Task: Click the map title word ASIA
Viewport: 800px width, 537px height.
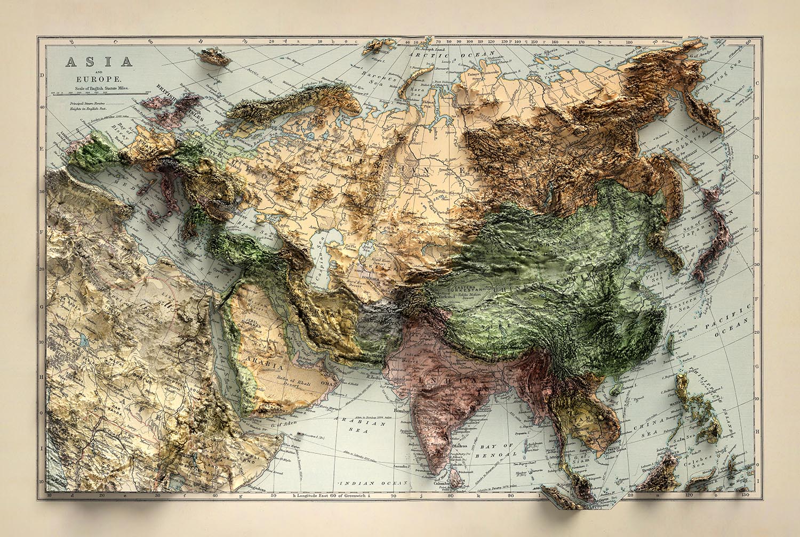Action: [x=99, y=61]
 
